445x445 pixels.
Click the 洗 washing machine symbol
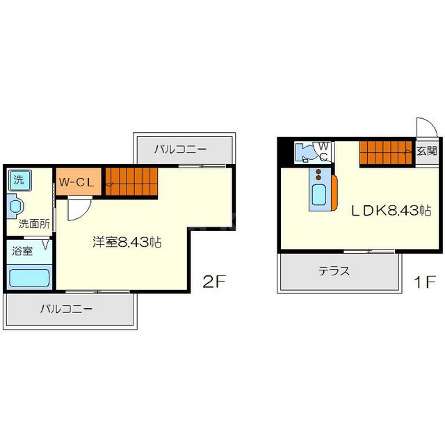(19, 180)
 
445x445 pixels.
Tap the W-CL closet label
(76, 182)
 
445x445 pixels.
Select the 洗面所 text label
(34, 224)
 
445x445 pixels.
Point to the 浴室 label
(22, 251)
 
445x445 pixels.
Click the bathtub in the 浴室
(29, 278)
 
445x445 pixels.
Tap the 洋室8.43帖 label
(127, 243)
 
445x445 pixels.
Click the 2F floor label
(213, 282)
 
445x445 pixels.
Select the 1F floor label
(425, 282)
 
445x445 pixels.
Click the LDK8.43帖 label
(391, 211)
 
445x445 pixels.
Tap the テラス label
(334, 271)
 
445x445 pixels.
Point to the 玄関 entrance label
(426, 151)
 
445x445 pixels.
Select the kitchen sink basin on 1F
(319, 195)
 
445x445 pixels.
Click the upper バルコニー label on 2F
(181, 149)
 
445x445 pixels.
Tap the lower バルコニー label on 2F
(66, 309)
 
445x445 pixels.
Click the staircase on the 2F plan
(131, 181)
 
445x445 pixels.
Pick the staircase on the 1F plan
(386, 153)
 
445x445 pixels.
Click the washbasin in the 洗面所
(15, 206)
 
